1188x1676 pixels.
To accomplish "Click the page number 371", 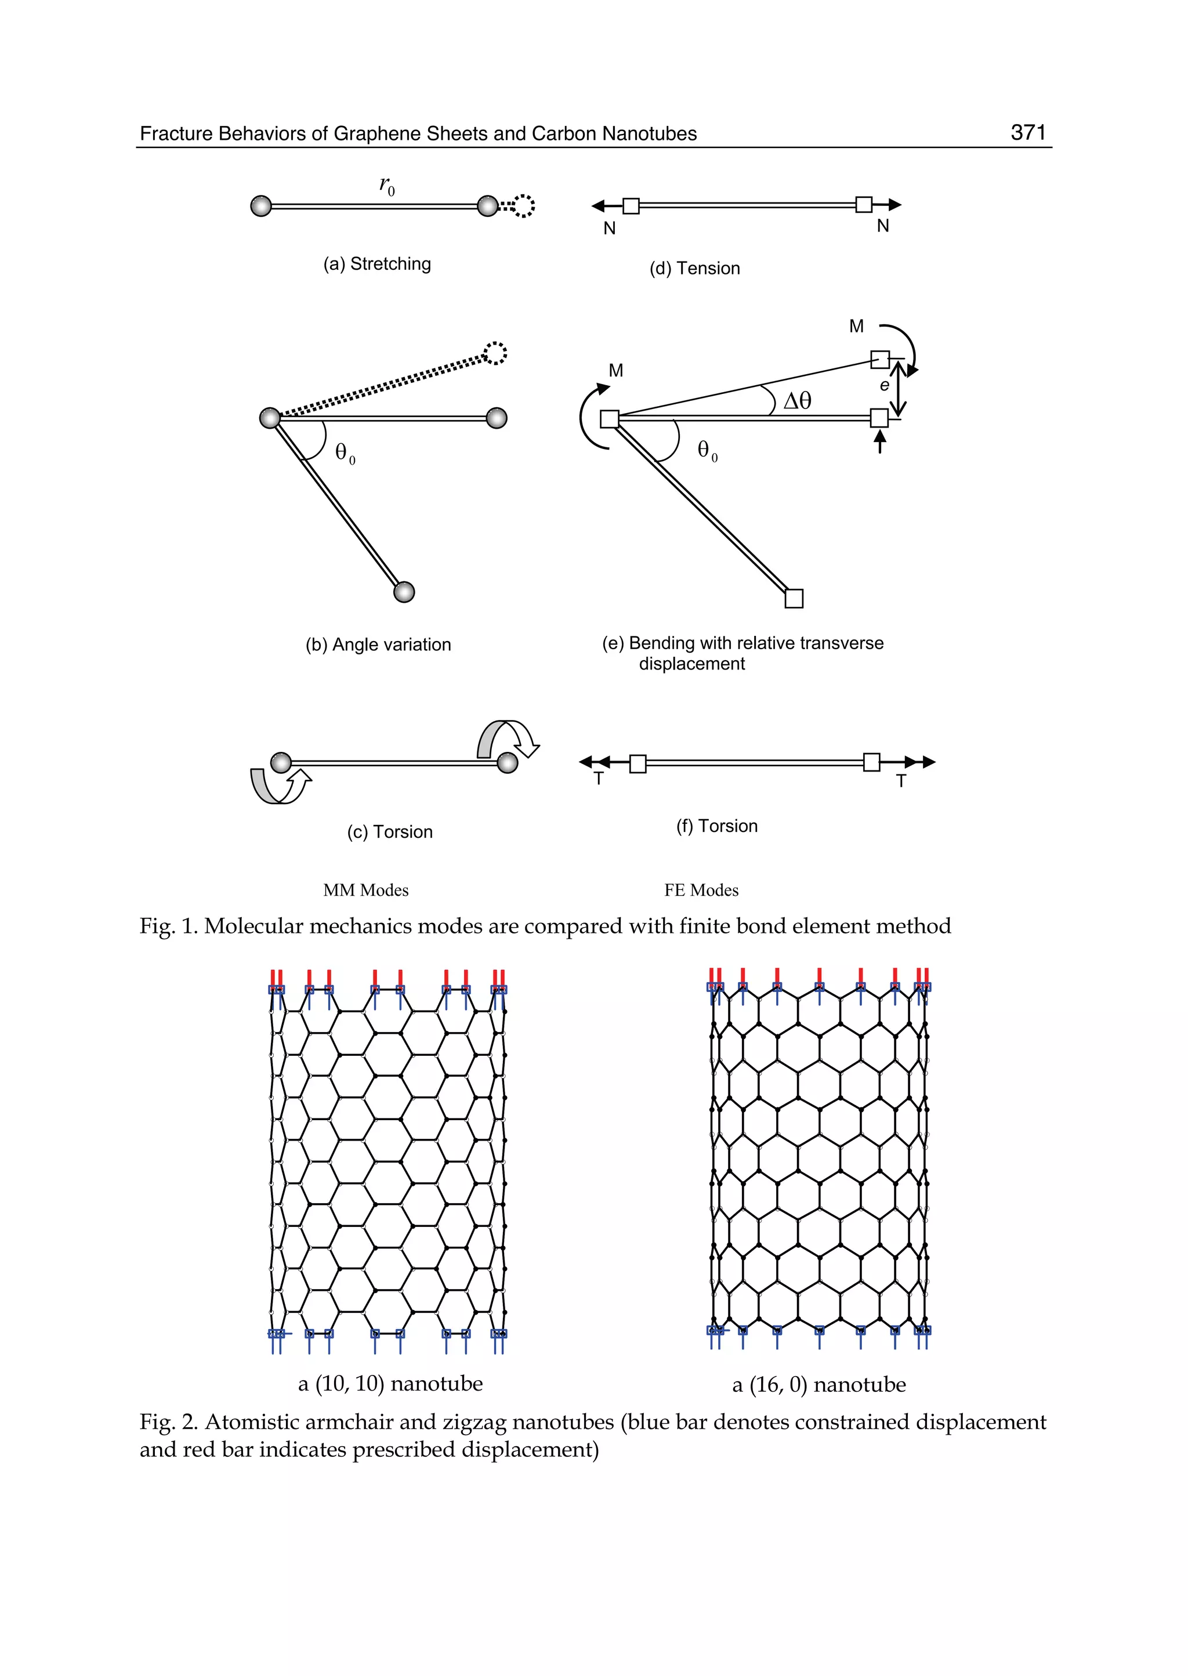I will click(1028, 132).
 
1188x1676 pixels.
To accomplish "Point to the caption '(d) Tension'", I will click(694, 269).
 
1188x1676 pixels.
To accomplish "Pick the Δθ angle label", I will click(796, 401).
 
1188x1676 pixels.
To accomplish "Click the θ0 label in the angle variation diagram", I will click(345, 454).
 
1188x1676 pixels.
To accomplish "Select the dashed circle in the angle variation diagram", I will click(495, 353).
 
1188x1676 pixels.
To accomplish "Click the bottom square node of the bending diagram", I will click(794, 599).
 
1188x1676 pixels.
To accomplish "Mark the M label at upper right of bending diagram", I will click(856, 326).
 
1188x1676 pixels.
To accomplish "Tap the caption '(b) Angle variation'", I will click(378, 645).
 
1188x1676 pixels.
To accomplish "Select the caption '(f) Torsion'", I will click(716, 826).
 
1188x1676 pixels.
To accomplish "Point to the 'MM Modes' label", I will click(366, 891).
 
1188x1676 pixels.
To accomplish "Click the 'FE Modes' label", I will click(701, 891).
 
